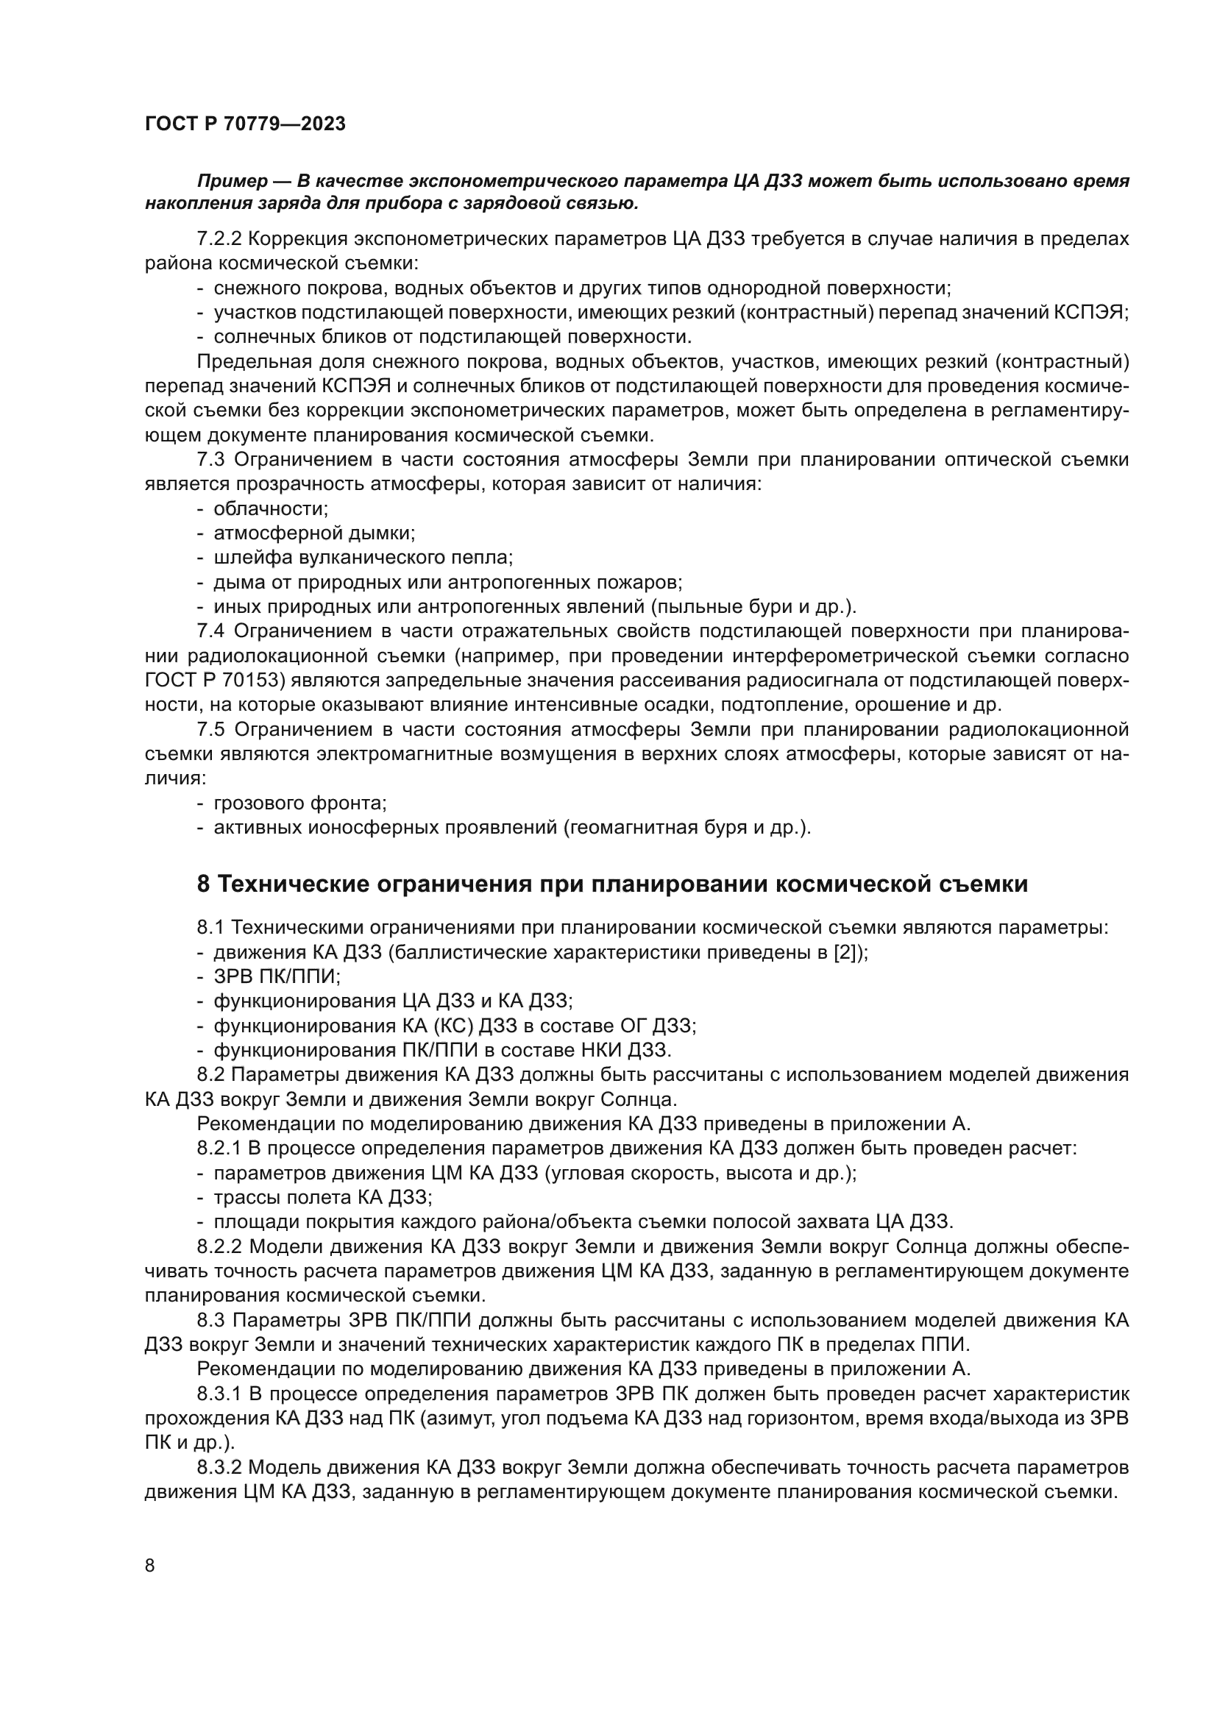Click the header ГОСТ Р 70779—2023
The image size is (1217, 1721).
[245, 124]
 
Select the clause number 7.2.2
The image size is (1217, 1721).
[219, 239]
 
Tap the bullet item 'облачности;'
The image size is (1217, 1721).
[271, 509]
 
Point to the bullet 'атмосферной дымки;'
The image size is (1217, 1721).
[314, 533]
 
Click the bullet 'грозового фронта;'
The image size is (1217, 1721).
[299, 803]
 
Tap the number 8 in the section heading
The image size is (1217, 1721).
[204, 884]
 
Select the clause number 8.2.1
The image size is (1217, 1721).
[219, 1149]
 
